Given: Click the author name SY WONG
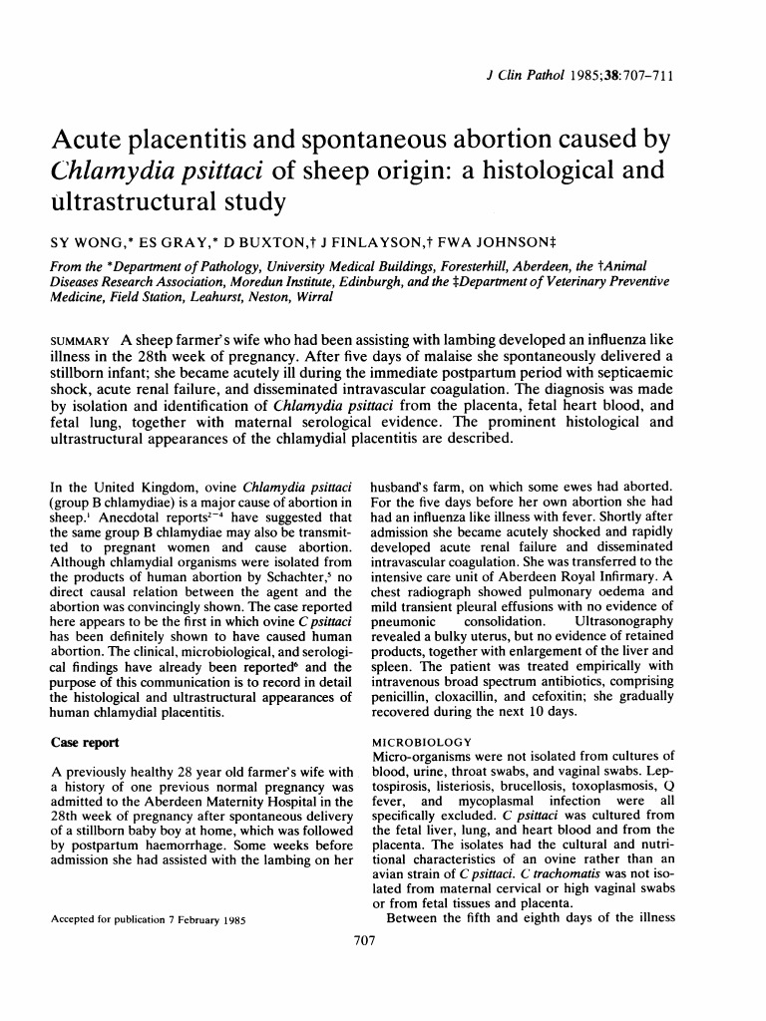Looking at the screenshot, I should [x=82, y=240].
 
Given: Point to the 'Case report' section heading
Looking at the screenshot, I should [x=89, y=742].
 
